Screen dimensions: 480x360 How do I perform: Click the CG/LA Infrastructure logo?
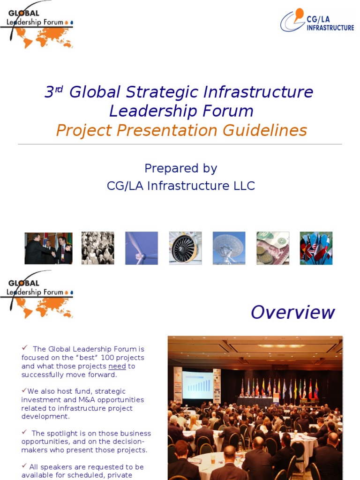coord(317,21)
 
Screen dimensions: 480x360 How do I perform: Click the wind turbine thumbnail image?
coord(142,248)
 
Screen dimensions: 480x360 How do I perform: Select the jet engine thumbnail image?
coord(185,248)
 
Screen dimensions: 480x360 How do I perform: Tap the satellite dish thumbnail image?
coord(229,248)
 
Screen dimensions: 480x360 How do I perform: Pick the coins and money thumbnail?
coord(273,248)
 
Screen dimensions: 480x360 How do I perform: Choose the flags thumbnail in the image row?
coord(316,248)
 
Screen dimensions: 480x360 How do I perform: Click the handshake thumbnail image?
coord(48,248)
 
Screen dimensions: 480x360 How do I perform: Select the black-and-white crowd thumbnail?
coord(97,248)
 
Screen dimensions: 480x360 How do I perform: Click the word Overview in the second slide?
coord(292,312)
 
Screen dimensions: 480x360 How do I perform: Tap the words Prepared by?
coord(180,168)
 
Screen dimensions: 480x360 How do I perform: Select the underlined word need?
coord(117,366)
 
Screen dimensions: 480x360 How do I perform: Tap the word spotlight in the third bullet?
coord(64,434)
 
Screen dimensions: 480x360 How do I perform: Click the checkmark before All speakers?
coord(24,466)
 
